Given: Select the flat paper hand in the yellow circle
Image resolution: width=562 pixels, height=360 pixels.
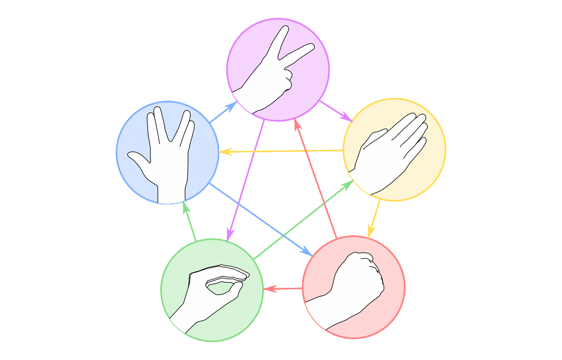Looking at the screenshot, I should click(391, 150).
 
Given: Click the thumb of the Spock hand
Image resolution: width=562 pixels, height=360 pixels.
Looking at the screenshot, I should click(138, 159).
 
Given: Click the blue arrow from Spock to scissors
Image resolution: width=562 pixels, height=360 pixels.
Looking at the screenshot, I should click(223, 112).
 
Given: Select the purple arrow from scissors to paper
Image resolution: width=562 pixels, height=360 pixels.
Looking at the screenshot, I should click(335, 111).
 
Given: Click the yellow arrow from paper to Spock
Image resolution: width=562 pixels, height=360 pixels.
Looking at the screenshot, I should click(281, 151).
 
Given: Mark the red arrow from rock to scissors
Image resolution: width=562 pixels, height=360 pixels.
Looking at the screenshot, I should click(316, 178).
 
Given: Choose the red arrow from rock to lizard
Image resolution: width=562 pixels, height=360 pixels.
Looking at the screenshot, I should click(283, 289).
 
